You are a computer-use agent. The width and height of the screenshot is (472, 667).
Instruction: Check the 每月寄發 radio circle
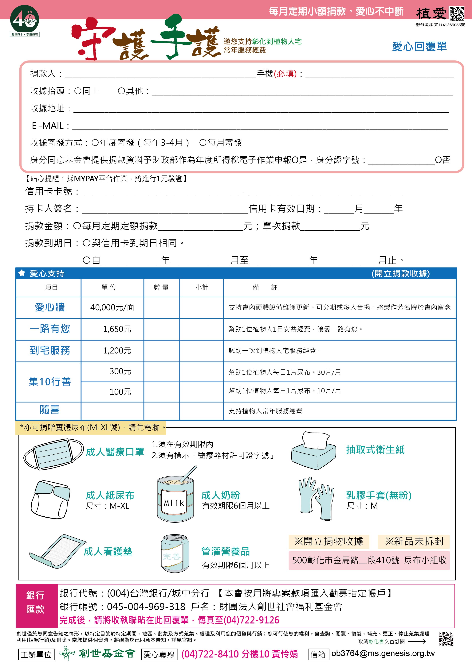tap(203, 143)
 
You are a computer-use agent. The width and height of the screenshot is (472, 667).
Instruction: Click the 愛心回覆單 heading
tap(419, 46)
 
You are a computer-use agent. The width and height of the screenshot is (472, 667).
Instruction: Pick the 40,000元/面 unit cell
tap(112, 307)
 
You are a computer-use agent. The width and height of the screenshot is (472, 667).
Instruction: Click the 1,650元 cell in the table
tap(117, 329)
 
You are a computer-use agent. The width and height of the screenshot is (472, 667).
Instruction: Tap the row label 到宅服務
tap(50, 350)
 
